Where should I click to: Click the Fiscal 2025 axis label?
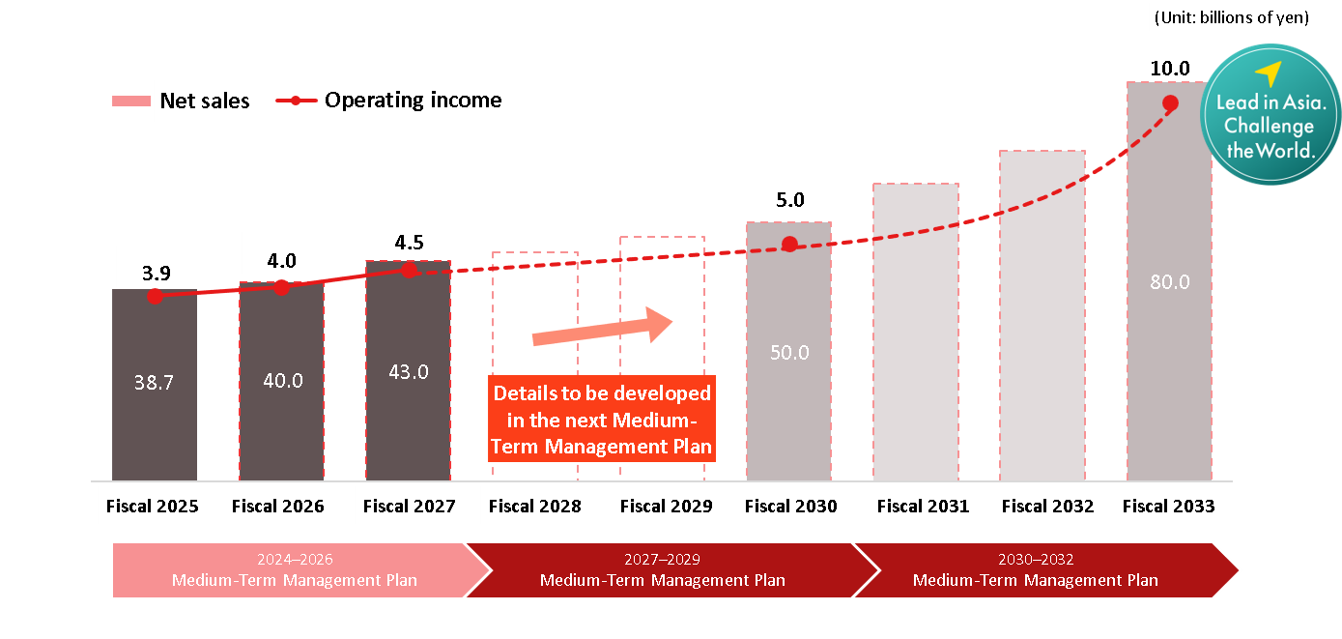(x=154, y=506)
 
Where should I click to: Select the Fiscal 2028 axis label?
(x=534, y=506)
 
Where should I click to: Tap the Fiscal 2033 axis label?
(x=1169, y=506)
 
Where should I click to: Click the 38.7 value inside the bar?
(x=154, y=383)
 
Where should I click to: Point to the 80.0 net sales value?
(x=1169, y=282)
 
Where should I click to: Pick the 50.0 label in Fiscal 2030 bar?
(x=789, y=353)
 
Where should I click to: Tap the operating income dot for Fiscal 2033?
(x=1170, y=103)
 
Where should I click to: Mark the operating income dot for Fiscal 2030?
(x=789, y=244)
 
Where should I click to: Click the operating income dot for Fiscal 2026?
(x=281, y=287)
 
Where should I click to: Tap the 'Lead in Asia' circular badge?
(x=1269, y=115)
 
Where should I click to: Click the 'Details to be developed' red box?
(x=602, y=420)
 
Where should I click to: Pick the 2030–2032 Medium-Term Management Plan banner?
(x=1035, y=570)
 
